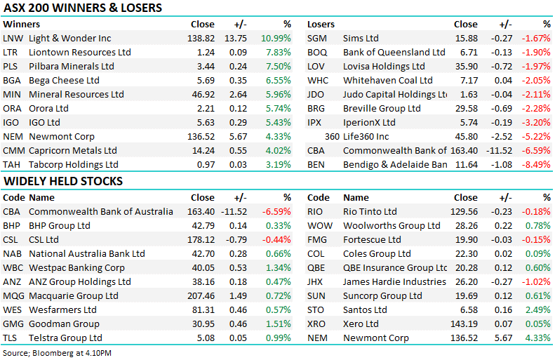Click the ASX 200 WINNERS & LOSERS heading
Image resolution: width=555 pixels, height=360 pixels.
[x=83, y=8]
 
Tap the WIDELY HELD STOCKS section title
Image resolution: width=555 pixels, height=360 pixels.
[x=63, y=182]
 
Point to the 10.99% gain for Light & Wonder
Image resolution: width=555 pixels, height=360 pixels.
[x=276, y=39]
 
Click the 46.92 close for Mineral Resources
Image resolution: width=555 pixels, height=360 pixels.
[x=203, y=95]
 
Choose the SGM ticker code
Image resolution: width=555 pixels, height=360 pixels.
[x=318, y=39]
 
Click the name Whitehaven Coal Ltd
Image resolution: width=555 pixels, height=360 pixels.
[x=387, y=81]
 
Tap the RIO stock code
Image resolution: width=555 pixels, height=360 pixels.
[x=317, y=212]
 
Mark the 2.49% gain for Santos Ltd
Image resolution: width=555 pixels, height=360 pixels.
[x=538, y=310]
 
